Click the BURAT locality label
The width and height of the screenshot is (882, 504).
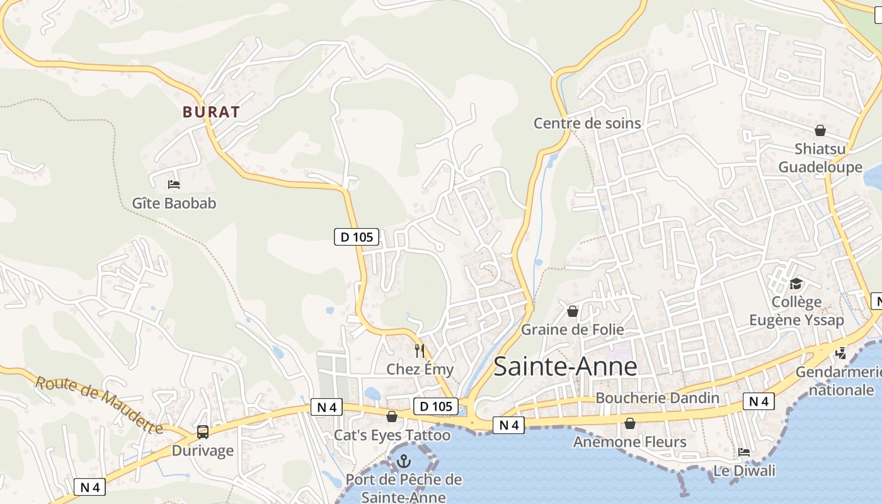(211, 112)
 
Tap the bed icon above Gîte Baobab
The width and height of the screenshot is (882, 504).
(174, 185)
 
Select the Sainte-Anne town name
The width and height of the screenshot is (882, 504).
(565, 366)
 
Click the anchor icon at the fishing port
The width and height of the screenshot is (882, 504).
(404, 462)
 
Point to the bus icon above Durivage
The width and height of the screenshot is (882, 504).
(202, 432)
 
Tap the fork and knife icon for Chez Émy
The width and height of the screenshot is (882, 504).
(420, 350)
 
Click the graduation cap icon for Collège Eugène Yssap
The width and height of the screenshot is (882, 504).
(796, 284)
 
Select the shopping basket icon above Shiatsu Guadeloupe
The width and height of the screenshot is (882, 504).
(820, 130)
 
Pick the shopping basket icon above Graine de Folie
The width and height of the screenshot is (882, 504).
(573, 311)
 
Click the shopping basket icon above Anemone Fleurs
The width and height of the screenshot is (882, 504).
(629, 423)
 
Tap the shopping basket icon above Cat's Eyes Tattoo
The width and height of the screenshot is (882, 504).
(392, 416)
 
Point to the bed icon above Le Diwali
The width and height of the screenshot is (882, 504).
(744, 452)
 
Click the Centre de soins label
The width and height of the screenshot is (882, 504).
(587, 123)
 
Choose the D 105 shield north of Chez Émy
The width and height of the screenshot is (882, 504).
(357, 237)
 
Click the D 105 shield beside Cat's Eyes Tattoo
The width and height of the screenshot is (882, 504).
(436, 406)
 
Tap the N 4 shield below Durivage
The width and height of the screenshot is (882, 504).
(90, 486)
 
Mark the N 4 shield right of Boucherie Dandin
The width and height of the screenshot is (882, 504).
(759, 401)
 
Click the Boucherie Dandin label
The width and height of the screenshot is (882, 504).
(657, 398)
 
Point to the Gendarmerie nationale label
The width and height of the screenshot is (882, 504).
(838, 381)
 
